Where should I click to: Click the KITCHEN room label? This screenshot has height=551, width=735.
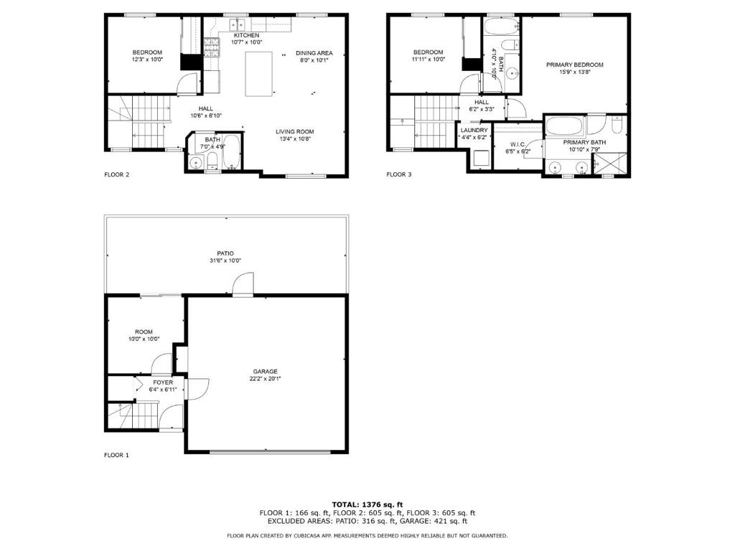click(x=245, y=35)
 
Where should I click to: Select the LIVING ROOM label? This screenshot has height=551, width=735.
click(x=295, y=131)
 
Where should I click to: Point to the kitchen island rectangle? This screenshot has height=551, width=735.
click(x=260, y=74)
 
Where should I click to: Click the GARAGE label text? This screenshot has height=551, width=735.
click(x=265, y=371)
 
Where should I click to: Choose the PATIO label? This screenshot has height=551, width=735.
click(x=225, y=253)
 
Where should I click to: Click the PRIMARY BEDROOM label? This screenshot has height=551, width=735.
click(x=574, y=65)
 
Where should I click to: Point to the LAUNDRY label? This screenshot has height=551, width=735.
click(x=474, y=130)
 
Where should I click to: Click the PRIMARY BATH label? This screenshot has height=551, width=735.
click(x=584, y=142)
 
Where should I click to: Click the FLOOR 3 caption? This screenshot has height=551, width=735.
click(x=399, y=174)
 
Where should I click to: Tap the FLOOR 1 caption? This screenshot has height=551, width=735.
click(x=116, y=455)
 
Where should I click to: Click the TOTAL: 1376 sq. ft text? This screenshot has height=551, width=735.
click(x=367, y=504)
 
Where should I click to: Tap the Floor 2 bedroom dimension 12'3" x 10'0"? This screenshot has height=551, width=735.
click(x=147, y=60)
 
